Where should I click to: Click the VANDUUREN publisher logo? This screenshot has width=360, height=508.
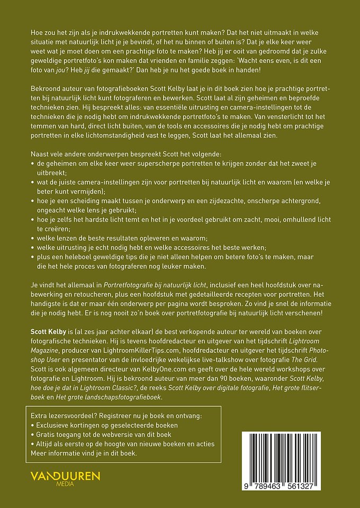click(x=65, y=476)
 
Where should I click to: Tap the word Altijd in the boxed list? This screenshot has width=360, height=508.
click(x=46, y=444)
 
